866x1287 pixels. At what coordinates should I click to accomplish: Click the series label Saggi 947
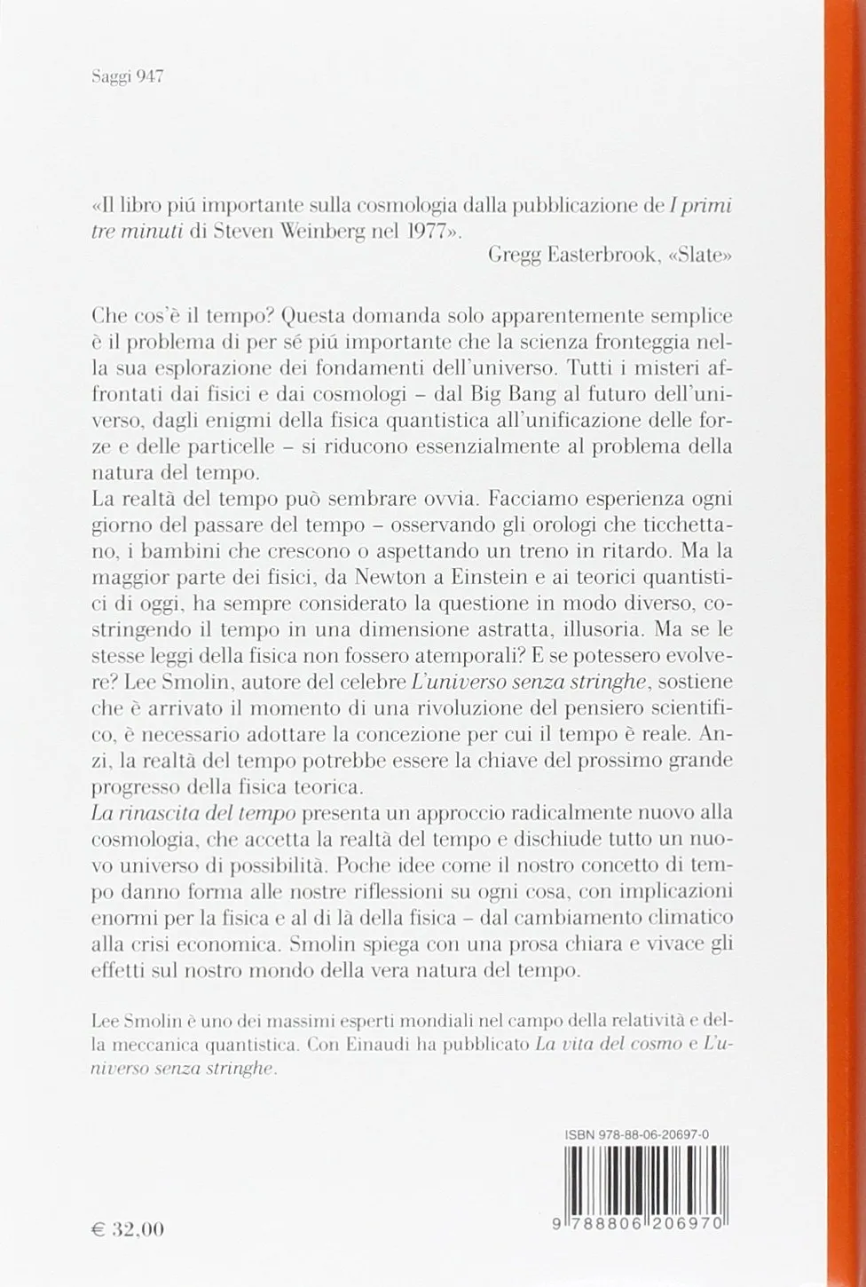click(130, 77)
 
